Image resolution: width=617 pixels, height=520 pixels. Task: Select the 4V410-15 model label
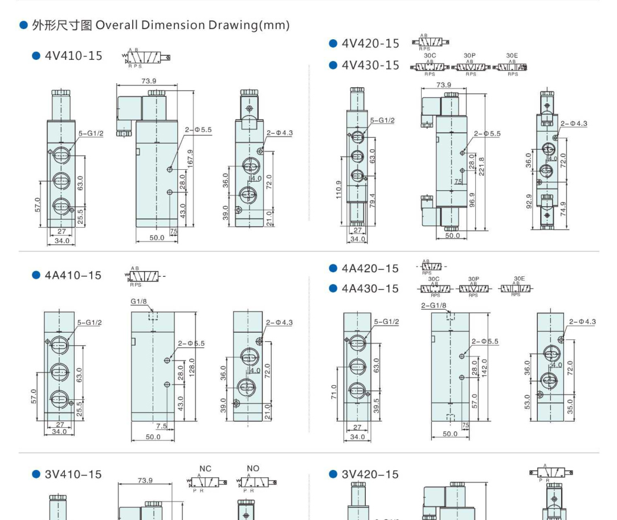pyautogui.click(x=73, y=56)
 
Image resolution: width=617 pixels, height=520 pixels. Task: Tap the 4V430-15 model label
pyautogui.click(x=370, y=65)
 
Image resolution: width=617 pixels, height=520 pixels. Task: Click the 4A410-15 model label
pyautogui.click(x=73, y=276)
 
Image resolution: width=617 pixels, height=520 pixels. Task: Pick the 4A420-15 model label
pyautogui.click(x=370, y=268)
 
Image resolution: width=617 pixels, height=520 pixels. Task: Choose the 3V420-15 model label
pyautogui.click(x=370, y=474)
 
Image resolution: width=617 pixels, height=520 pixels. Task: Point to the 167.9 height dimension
pyautogui.click(x=190, y=158)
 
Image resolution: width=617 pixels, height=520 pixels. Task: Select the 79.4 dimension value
pyautogui.click(x=373, y=201)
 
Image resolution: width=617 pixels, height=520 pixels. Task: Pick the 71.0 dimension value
pyautogui.click(x=335, y=393)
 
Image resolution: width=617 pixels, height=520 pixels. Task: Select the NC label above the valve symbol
pyautogui.click(x=205, y=469)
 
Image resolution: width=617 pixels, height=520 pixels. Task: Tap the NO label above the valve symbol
pyautogui.click(x=253, y=469)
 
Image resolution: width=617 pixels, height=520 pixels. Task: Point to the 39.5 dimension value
pyautogui.click(x=375, y=406)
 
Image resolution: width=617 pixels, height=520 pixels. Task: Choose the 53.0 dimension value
pyautogui.click(x=528, y=402)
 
